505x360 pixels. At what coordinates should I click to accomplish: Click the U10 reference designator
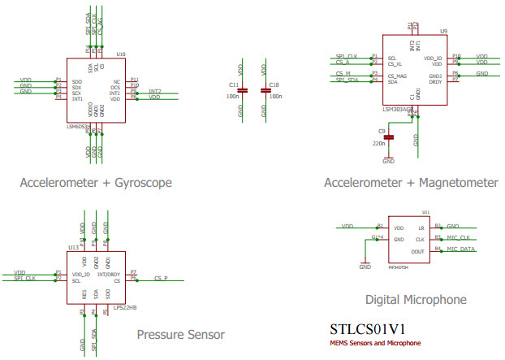(121, 54)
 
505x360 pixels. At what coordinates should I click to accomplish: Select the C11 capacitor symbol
(240, 91)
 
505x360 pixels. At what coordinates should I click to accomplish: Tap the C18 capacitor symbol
(265, 91)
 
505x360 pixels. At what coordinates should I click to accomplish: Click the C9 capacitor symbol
(389, 137)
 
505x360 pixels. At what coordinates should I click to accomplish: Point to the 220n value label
(378, 143)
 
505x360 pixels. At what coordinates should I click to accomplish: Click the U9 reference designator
(443, 31)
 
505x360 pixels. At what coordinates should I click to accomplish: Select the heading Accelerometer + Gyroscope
(96, 183)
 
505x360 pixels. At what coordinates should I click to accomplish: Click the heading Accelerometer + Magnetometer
(411, 183)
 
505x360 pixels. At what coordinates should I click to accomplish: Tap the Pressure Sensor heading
(180, 334)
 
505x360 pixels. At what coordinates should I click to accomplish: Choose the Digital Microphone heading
(416, 300)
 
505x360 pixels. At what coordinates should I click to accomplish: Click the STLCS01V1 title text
(367, 330)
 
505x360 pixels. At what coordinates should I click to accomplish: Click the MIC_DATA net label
(462, 249)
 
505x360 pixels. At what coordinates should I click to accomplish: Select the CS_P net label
(160, 278)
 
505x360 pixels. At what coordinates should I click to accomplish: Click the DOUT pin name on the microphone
(418, 252)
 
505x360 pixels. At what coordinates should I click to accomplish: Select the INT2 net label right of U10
(155, 91)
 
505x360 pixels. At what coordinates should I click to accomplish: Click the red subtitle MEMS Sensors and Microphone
(375, 343)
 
